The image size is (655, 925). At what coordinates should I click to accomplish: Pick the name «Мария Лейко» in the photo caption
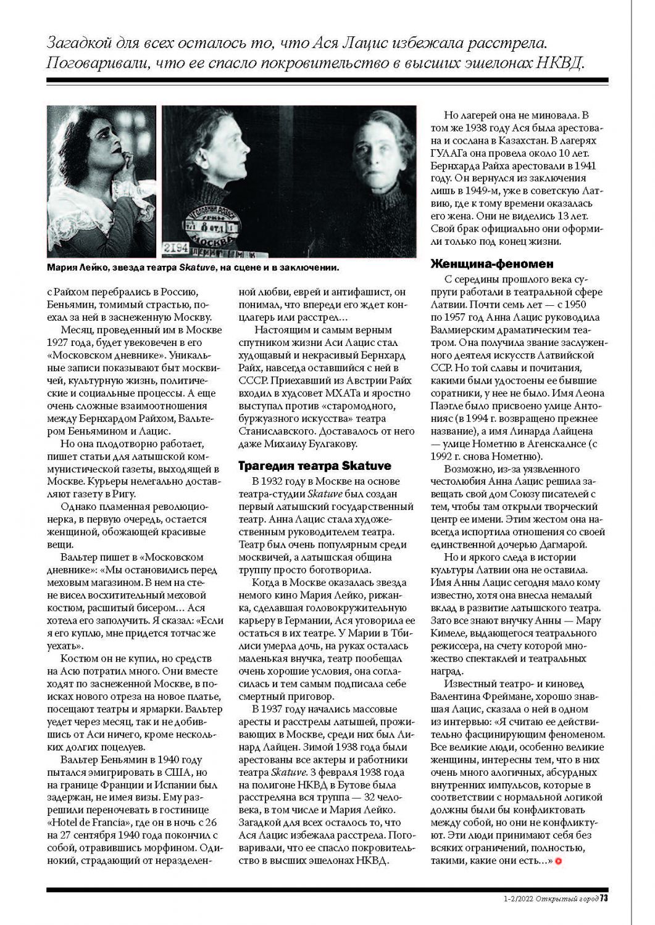coord(71,268)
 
